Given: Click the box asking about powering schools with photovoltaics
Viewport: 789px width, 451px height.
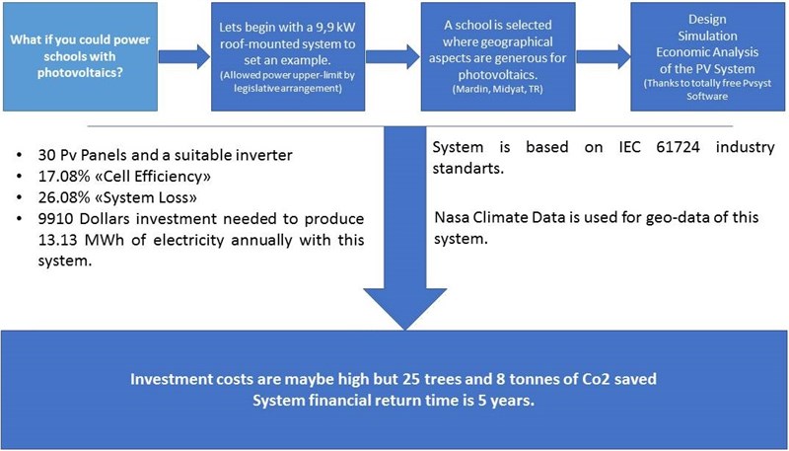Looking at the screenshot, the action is [x=81, y=56].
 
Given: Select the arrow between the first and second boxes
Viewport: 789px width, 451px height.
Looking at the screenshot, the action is [x=184, y=56].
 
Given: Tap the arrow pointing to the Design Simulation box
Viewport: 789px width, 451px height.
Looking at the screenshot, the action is [x=603, y=56].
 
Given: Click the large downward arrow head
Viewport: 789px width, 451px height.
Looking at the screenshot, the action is [x=405, y=309].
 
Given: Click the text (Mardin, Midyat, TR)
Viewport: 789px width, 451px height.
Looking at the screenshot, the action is [x=498, y=89].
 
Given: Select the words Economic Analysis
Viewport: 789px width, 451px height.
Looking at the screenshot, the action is [x=707, y=52].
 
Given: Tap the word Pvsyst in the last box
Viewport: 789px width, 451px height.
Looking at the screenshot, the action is [x=756, y=84].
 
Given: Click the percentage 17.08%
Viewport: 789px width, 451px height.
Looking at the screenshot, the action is [x=58, y=177].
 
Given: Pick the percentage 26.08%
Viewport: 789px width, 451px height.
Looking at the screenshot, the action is [x=58, y=197].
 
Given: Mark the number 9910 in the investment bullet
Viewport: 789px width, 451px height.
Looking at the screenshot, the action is [x=53, y=219].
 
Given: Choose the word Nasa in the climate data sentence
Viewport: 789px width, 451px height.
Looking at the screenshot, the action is [x=449, y=217].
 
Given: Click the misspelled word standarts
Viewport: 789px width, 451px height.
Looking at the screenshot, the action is [x=467, y=168].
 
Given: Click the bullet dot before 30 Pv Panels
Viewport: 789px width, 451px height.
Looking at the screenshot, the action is [x=19, y=155].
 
